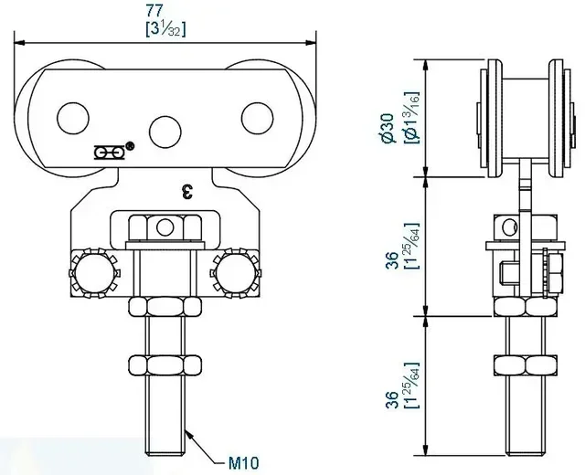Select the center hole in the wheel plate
(165, 127)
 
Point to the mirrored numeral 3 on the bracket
(188, 191)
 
